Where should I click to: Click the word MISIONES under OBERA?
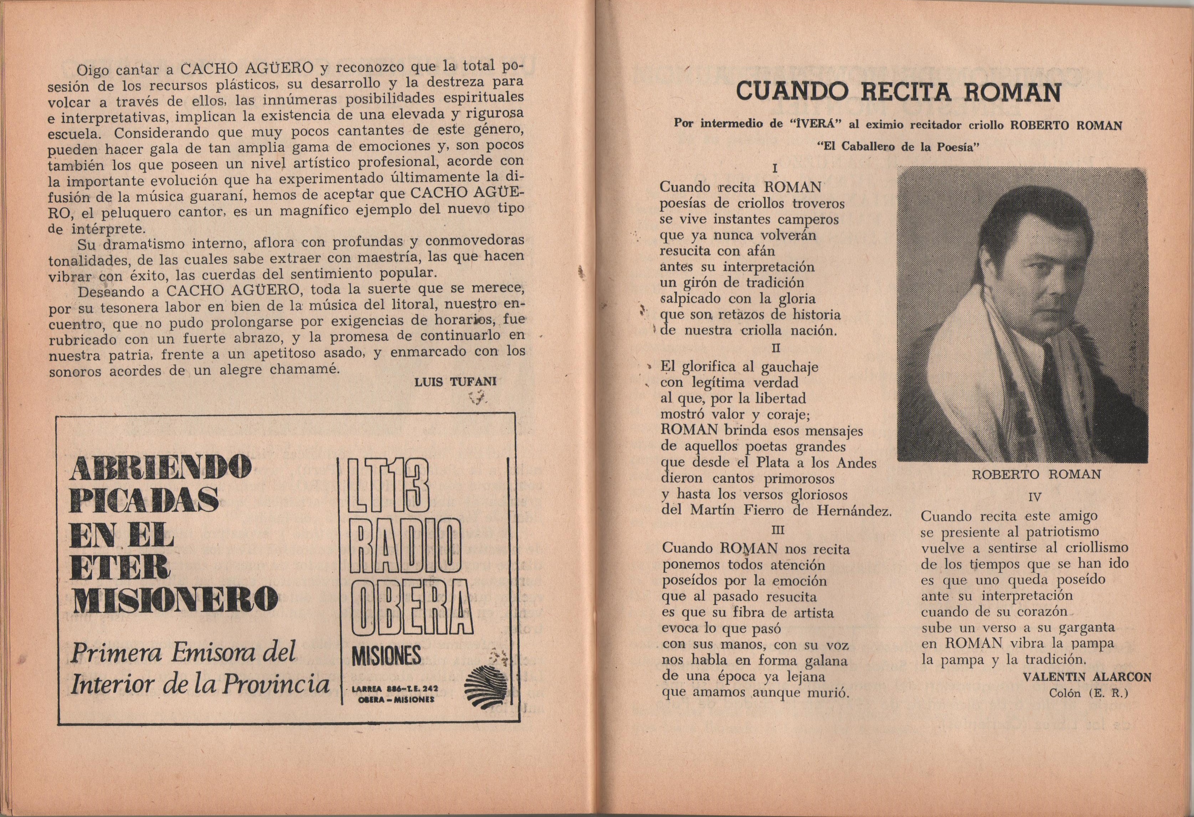tap(387, 656)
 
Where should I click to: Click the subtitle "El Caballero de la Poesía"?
tap(898, 146)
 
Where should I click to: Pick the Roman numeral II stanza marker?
tap(776, 348)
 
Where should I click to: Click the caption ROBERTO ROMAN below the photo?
tap(1036, 475)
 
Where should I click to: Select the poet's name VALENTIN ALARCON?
tap(1087, 677)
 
